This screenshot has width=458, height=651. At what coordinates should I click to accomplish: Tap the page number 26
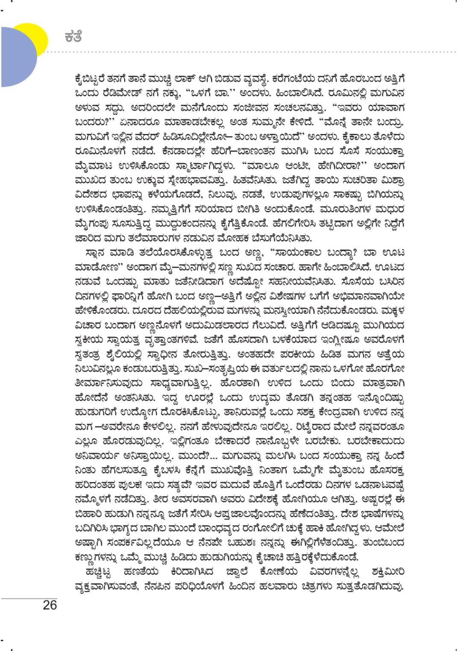(50, 605)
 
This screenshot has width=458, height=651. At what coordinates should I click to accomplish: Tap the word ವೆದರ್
(153, 137)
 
